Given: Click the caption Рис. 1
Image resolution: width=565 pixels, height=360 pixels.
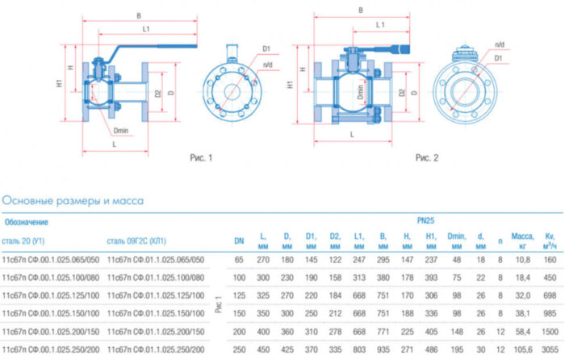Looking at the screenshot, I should (x=200, y=158).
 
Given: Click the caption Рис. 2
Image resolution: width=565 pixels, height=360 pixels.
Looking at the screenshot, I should (x=426, y=158).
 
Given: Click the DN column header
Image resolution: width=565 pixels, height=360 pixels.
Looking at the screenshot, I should (x=239, y=240).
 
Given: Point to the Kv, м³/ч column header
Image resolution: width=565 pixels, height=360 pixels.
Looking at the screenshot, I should (x=550, y=240).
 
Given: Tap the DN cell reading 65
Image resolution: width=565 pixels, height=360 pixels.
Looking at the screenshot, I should (x=239, y=259).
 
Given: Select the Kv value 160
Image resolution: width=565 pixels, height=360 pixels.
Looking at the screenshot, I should (x=550, y=259).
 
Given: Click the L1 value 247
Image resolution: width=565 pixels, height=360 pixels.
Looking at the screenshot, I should (x=359, y=259).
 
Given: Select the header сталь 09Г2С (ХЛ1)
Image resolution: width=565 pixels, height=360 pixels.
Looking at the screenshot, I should (x=142, y=240).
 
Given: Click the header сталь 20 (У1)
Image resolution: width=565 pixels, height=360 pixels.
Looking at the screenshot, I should (x=28, y=240).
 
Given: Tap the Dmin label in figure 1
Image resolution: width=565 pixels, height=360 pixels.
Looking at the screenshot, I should (x=121, y=129).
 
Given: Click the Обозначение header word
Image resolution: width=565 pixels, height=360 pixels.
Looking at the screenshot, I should (x=27, y=220).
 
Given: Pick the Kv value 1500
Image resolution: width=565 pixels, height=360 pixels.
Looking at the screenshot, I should (x=550, y=331).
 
